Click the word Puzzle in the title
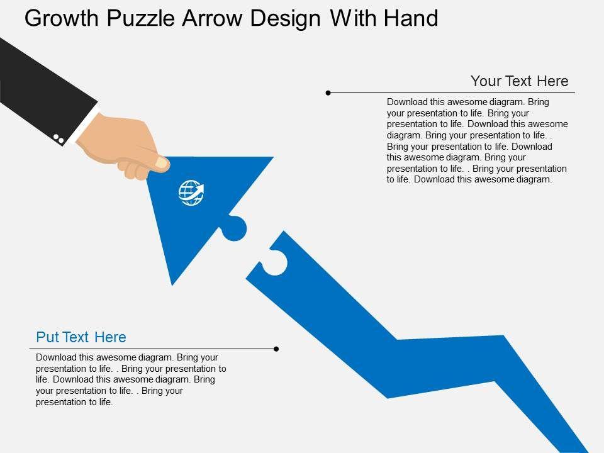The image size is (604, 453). pos(141,18)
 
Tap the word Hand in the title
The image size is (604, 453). pos(411,18)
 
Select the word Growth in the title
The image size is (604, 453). pos(62,18)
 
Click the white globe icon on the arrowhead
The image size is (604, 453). pos(191,193)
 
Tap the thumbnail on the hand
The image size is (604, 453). pos(162,164)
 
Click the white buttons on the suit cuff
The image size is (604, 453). pos(59,138)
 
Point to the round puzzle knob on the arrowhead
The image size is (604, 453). pos(233,228)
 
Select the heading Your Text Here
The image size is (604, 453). pos(519,81)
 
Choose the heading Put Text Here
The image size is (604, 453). pos(81,337)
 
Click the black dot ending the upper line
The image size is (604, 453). pos(328,93)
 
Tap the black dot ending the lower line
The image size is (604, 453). pos(276,349)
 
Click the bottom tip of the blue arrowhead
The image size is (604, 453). pos(172,286)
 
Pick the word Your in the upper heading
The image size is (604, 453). pos(486,81)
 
